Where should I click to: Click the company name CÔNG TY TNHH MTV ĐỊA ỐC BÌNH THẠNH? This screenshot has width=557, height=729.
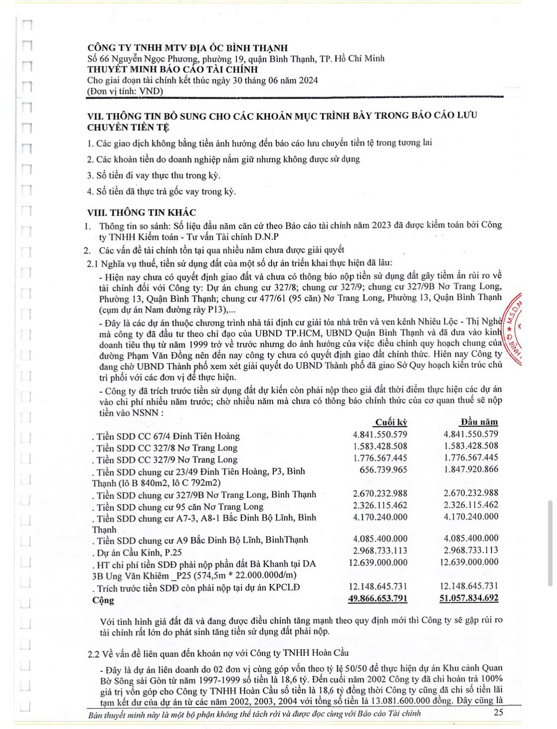click(x=187, y=48)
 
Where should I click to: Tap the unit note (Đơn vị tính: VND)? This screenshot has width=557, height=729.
click(x=125, y=91)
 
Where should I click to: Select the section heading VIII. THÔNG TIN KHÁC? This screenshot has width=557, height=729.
click(x=141, y=213)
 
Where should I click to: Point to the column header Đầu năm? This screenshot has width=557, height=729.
click(x=479, y=422)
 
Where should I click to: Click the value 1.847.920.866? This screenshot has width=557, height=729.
click(x=470, y=469)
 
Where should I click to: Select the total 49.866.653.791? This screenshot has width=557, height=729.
click(x=378, y=598)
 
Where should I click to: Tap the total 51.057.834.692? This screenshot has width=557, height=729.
click(x=468, y=598)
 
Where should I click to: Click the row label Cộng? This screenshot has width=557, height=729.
click(x=103, y=600)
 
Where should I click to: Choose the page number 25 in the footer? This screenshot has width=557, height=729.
click(x=498, y=712)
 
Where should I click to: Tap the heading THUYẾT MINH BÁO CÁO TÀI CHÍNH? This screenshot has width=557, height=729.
click(x=172, y=69)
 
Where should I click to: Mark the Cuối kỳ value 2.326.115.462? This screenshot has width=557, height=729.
click(x=380, y=505)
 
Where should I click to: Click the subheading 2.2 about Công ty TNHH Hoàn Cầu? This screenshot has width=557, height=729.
click(x=218, y=653)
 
